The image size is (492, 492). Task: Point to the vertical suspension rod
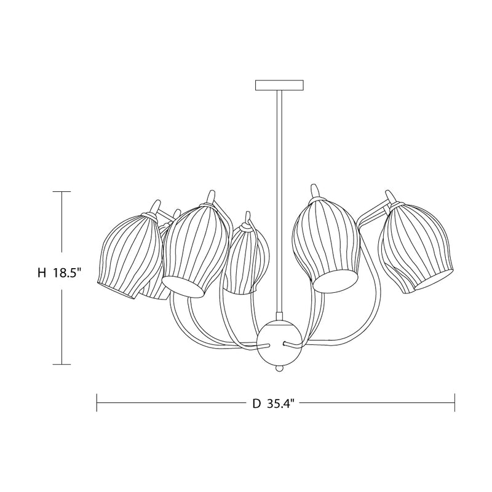point(279,184)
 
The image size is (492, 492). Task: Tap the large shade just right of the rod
point(324,243)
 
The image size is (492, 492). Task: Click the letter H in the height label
point(41,274)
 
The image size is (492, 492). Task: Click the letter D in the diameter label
point(256,404)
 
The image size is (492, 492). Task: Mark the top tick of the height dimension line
point(61,192)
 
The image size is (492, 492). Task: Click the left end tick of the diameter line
point(97,403)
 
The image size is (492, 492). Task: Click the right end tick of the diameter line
point(454,403)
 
